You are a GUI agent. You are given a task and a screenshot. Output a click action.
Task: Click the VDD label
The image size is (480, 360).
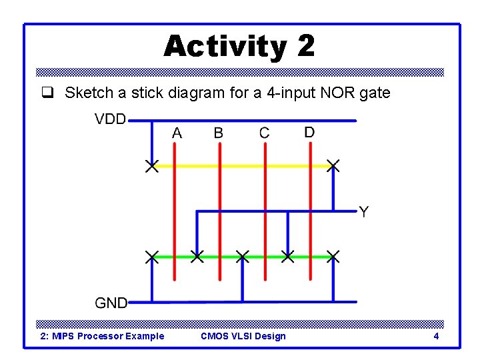(110, 119)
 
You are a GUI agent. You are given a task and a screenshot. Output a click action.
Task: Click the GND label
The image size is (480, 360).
(111, 303)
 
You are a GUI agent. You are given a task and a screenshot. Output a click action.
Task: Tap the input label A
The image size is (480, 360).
(177, 133)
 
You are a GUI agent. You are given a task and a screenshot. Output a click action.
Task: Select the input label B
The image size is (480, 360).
(219, 133)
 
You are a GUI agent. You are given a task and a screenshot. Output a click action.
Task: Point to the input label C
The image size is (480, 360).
(265, 133)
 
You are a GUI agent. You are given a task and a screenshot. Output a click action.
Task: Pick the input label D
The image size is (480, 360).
(309, 132)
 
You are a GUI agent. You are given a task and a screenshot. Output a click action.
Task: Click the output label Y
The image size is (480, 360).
(363, 213)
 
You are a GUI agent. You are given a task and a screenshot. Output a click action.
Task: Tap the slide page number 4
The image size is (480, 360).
(436, 336)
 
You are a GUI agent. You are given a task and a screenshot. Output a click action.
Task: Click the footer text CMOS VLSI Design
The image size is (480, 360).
(243, 336)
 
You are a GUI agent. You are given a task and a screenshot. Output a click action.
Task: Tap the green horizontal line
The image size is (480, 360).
(220, 257)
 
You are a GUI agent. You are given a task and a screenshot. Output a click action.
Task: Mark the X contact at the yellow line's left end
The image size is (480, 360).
(152, 166)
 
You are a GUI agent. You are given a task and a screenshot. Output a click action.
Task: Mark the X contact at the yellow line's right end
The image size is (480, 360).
(333, 166)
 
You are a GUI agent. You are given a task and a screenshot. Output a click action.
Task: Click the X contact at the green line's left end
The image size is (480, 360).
(152, 257)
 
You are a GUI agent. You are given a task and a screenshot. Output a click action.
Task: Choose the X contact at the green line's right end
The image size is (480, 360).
(333, 257)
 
